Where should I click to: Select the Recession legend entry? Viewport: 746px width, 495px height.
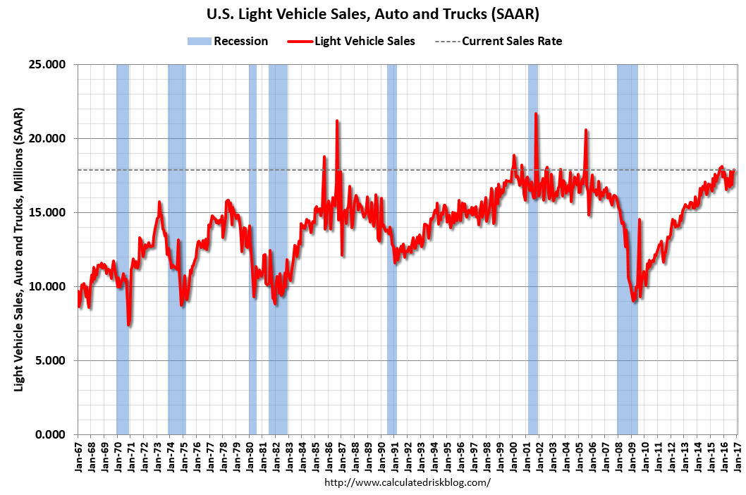[228, 41]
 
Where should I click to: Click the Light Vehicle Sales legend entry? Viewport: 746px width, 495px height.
[352, 41]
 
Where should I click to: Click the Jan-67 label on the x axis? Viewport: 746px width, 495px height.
[78, 455]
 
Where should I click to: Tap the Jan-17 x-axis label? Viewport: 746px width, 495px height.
[738, 455]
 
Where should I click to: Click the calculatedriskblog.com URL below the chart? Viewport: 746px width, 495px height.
[407, 483]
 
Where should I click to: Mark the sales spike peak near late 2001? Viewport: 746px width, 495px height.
[536, 114]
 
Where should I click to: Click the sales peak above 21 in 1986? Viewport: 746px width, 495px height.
[337, 121]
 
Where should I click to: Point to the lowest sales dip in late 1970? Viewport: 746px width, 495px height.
[128, 324]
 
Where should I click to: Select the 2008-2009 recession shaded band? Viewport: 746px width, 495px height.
[627, 247]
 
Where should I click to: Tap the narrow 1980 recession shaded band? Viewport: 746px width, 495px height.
[252, 247]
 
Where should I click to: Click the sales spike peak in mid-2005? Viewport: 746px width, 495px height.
[586, 130]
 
